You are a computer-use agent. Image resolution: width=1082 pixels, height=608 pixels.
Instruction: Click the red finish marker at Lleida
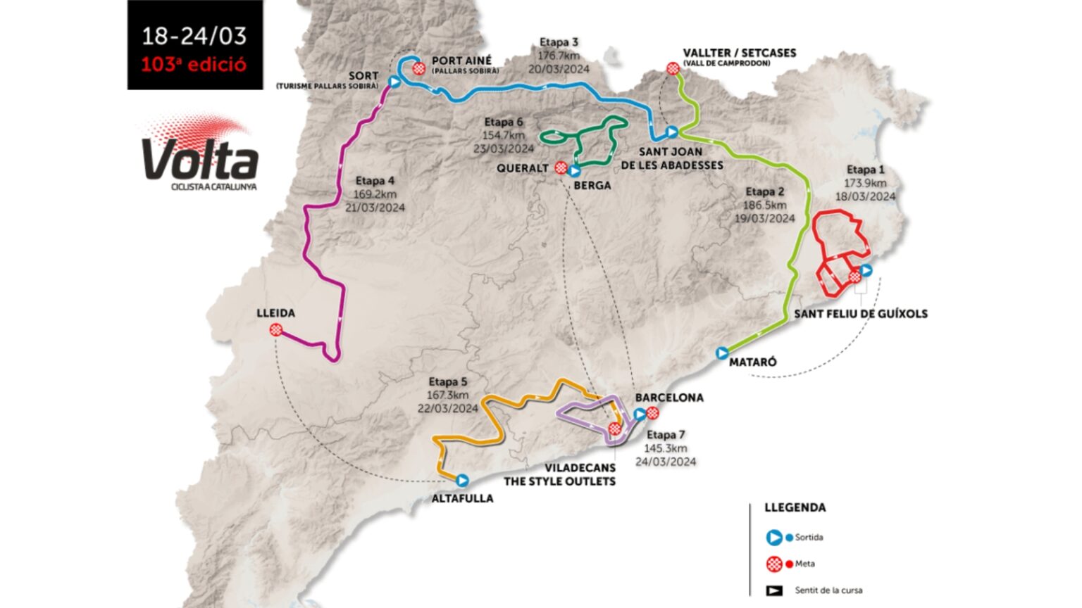[276, 330]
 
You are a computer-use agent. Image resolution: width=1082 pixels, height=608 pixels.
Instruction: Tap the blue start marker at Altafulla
[462, 481]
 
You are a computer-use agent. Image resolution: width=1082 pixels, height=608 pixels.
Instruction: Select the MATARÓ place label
[753, 362]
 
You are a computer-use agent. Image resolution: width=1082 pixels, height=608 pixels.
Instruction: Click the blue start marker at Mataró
[722, 353]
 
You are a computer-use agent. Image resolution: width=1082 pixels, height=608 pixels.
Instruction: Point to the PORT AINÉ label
[461, 61]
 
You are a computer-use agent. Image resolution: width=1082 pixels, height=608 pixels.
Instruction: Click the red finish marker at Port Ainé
[420, 68]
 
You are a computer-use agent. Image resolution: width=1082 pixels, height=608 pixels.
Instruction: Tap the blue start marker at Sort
[394, 82]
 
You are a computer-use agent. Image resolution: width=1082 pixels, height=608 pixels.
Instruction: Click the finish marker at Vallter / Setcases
[673, 68]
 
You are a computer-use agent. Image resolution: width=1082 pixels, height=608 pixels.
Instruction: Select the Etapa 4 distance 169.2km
[375, 194]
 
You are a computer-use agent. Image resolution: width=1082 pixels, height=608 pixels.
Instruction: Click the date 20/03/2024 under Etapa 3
[559, 69]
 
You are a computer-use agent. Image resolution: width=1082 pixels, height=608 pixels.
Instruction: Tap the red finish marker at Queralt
[561, 167]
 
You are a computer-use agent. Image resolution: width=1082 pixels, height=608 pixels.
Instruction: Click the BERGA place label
[592, 185]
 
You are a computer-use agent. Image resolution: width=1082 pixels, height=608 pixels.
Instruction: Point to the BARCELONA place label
[669, 398]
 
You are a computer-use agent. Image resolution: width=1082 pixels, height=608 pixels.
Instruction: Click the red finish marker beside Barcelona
[653, 413]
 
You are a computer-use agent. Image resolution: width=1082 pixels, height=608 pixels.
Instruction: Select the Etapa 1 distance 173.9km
[865, 183]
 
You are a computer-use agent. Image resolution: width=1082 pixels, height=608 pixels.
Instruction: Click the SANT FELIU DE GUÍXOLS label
[860, 314]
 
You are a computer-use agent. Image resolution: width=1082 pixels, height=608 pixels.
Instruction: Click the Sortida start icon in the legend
[774, 538]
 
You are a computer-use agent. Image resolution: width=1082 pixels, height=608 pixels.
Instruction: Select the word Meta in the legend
[804, 564]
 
